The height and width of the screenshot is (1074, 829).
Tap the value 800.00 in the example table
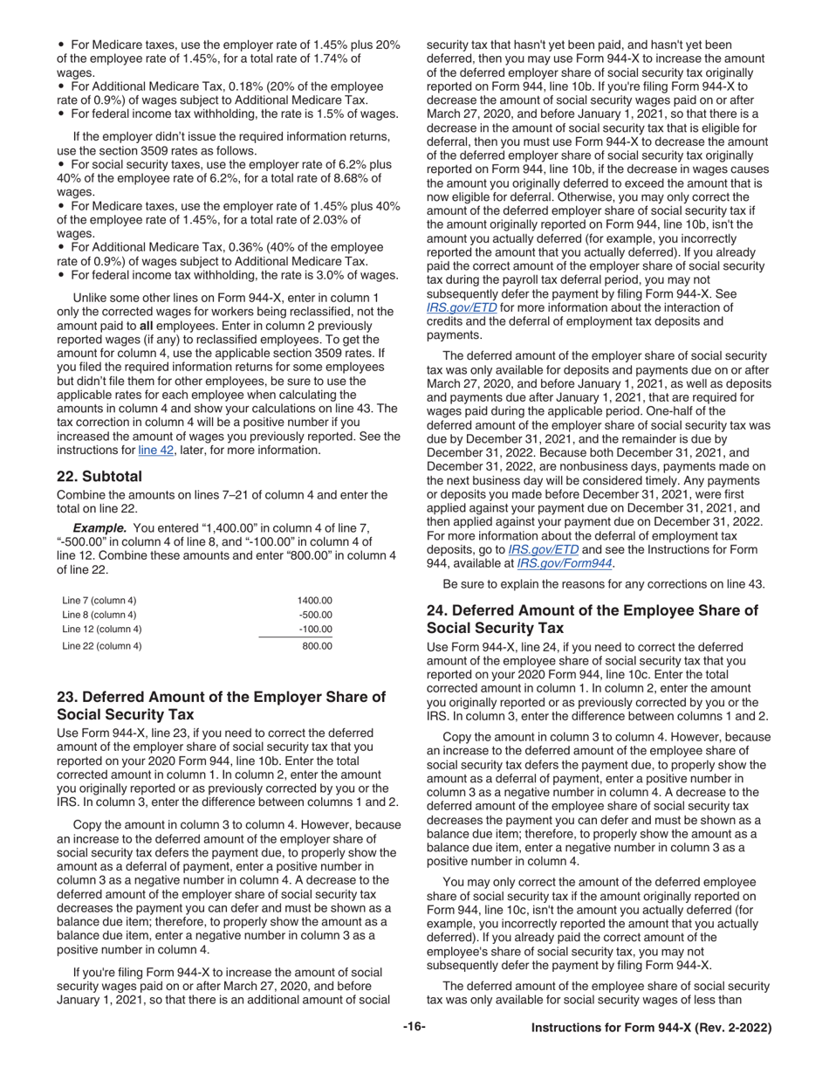[317, 646]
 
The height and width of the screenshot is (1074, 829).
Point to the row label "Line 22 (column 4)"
[102, 646]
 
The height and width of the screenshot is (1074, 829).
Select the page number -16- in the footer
[414, 1028]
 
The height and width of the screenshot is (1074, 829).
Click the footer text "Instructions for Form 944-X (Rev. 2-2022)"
[651, 1029]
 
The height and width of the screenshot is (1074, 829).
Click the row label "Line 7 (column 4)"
[99, 601]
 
